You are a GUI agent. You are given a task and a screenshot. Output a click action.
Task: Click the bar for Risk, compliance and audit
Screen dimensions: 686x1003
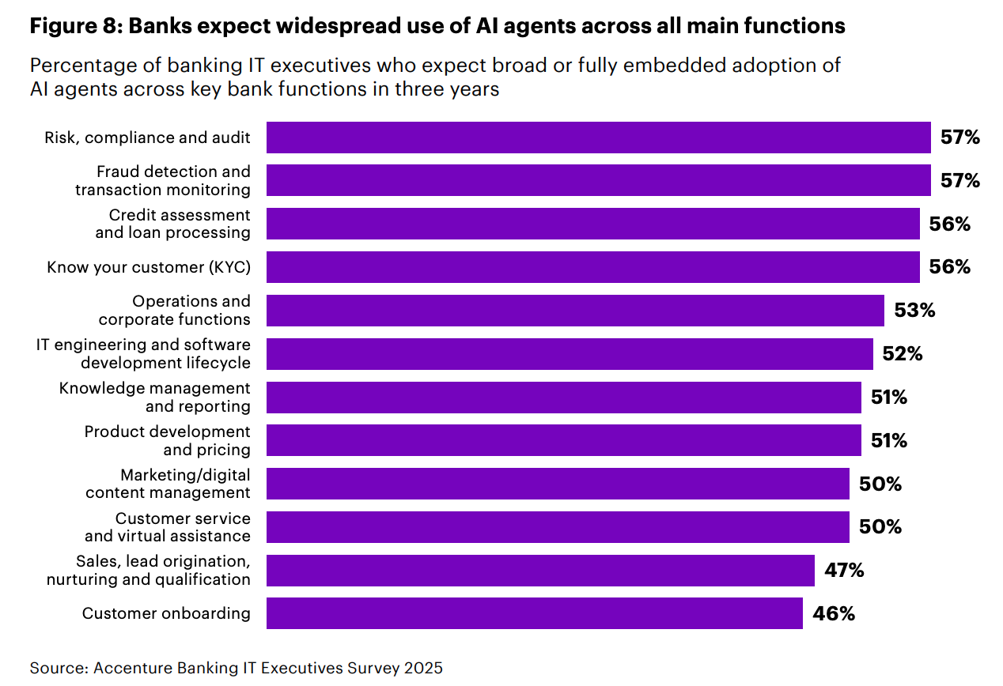[x=598, y=138]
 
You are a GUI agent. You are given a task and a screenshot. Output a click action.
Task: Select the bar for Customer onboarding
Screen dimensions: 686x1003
[x=534, y=613]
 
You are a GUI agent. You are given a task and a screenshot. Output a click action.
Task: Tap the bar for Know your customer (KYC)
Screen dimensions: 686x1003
[x=592, y=267]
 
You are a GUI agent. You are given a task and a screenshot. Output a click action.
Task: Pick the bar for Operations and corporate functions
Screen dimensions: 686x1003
[x=575, y=311]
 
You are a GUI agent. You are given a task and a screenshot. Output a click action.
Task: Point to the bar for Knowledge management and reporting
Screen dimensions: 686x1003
[x=563, y=398]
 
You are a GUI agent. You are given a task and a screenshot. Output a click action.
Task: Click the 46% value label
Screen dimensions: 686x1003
[x=835, y=613]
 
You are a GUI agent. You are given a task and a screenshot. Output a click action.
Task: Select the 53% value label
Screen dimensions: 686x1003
[x=914, y=311]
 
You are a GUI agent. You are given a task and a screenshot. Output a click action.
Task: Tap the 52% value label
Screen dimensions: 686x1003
[x=903, y=354]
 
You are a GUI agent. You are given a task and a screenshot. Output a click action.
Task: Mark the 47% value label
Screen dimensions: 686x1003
[x=844, y=570]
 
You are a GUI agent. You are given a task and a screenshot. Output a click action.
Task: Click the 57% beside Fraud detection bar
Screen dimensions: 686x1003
[x=960, y=181]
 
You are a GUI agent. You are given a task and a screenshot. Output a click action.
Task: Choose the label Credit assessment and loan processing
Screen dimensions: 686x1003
[x=172, y=224]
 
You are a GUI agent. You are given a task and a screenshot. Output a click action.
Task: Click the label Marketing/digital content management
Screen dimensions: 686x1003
[x=168, y=484]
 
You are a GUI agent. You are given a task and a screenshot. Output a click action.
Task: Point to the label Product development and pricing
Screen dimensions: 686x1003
[x=168, y=440]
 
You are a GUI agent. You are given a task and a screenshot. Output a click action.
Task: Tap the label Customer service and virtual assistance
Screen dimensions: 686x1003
[x=168, y=527]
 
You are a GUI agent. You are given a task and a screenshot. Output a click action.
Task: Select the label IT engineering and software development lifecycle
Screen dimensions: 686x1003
[x=144, y=354]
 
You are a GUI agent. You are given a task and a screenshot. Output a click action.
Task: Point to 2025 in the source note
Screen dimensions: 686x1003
[x=423, y=668]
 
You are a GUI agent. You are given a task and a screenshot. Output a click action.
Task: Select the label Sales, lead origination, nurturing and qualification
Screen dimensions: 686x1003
[x=149, y=570]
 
